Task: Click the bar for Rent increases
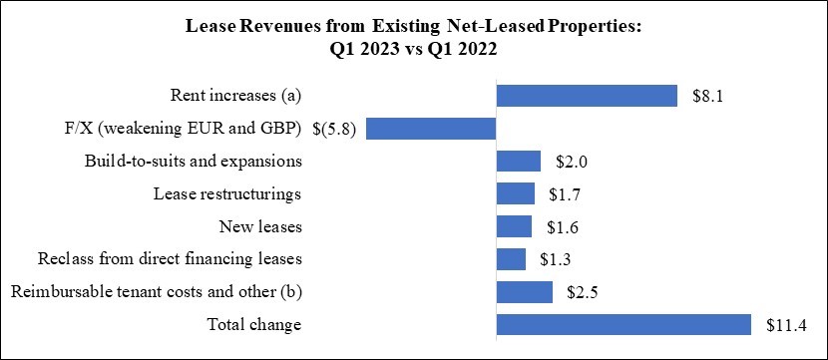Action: click(587, 96)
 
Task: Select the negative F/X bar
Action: click(431, 129)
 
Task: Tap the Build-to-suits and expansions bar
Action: click(518, 162)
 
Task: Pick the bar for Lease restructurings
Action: click(515, 193)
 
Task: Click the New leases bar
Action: click(514, 226)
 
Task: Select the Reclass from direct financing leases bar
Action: click(511, 259)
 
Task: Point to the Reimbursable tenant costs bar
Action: click(524, 292)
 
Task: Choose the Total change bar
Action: click(622, 325)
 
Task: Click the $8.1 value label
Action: click(707, 97)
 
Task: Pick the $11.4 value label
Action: click(784, 325)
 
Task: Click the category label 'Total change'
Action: click(253, 325)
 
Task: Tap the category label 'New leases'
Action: click(259, 227)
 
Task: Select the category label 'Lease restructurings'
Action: click(227, 194)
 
